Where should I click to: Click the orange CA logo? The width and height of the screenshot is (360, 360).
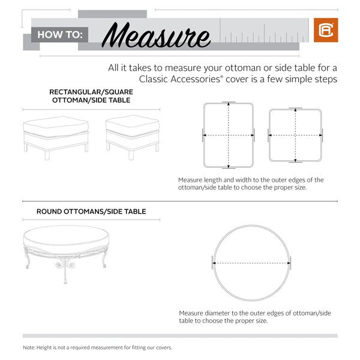(x=326, y=30)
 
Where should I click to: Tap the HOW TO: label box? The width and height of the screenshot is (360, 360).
(x=59, y=35)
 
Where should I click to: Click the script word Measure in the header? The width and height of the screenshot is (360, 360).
(x=156, y=35)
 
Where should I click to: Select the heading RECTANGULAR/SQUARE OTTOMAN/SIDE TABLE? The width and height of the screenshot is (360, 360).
(x=91, y=96)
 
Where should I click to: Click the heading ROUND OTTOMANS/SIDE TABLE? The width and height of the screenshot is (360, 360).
(x=91, y=211)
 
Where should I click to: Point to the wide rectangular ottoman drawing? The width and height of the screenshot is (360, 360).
(x=56, y=137)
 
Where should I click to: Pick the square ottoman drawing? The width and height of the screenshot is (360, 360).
(x=133, y=137)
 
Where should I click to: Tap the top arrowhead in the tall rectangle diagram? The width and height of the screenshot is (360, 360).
(x=229, y=104)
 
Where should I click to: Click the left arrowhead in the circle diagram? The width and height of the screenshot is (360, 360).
(x=214, y=263)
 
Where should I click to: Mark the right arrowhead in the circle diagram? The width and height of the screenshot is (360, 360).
(x=289, y=263)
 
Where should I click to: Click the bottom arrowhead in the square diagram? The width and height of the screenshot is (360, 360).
(x=295, y=160)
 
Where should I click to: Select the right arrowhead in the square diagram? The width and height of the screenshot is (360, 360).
(x=320, y=135)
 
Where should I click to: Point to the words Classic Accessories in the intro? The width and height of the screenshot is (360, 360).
(x=179, y=79)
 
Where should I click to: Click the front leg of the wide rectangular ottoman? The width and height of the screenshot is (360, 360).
(x=47, y=155)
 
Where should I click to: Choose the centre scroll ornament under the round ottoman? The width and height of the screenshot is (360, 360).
(x=65, y=264)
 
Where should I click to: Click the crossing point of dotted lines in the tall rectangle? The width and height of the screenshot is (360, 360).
(x=229, y=135)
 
